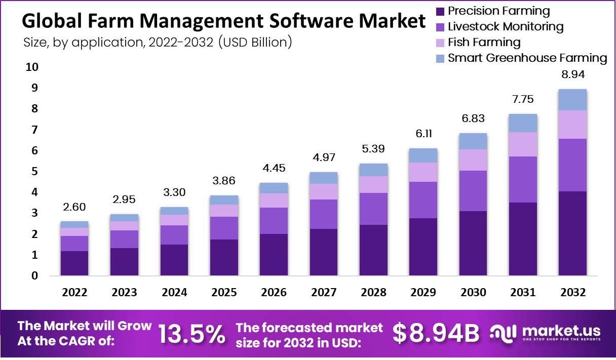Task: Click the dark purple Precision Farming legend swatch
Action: (x=440, y=11)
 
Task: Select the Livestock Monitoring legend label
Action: (x=506, y=26)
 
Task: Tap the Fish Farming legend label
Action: (x=484, y=42)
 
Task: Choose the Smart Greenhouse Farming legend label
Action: (x=527, y=58)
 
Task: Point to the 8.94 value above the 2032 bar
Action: (x=572, y=75)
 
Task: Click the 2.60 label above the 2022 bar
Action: (x=74, y=207)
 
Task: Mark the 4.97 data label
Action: (x=323, y=157)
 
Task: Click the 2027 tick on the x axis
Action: (x=323, y=293)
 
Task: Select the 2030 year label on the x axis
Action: (x=473, y=293)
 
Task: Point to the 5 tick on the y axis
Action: (x=34, y=172)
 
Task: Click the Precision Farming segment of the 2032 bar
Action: (x=572, y=233)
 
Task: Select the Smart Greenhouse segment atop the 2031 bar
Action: (x=523, y=123)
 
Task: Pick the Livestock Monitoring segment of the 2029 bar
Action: (x=423, y=200)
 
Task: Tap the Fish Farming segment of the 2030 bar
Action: (x=473, y=160)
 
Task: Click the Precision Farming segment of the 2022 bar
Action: (x=74, y=263)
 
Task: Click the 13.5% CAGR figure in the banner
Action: (x=191, y=333)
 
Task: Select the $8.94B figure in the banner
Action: (x=436, y=333)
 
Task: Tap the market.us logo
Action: (x=547, y=333)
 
